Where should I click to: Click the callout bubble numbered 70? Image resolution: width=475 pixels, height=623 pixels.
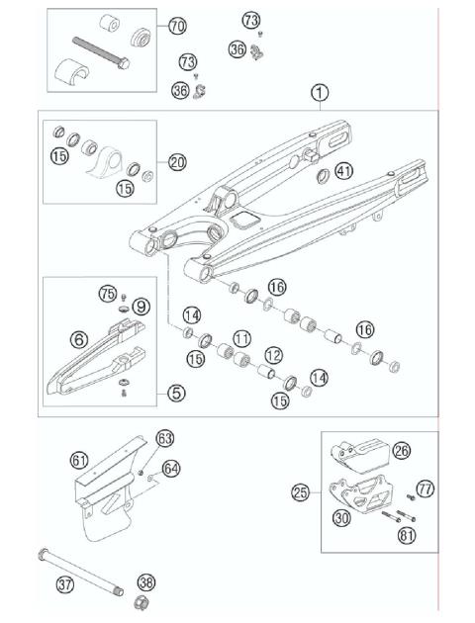coord(177,25)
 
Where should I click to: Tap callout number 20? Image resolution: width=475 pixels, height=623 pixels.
coord(177,161)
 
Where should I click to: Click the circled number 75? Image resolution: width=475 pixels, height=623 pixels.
coord(108,294)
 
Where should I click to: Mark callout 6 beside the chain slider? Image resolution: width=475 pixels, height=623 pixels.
coord(79,339)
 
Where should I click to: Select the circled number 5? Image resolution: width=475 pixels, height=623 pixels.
coord(176,393)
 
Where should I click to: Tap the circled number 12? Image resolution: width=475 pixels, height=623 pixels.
coord(273,354)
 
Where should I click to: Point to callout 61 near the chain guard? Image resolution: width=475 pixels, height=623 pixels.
coord(79,458)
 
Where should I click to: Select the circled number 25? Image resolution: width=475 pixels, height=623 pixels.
coord(300,490)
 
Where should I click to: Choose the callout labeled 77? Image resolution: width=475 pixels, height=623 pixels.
coord(426,488)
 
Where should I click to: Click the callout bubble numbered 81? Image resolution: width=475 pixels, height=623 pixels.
coord(407,537)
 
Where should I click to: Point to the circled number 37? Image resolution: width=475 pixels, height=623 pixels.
coord(65,584)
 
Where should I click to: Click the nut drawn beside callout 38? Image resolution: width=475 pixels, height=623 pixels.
coord(142,602)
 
